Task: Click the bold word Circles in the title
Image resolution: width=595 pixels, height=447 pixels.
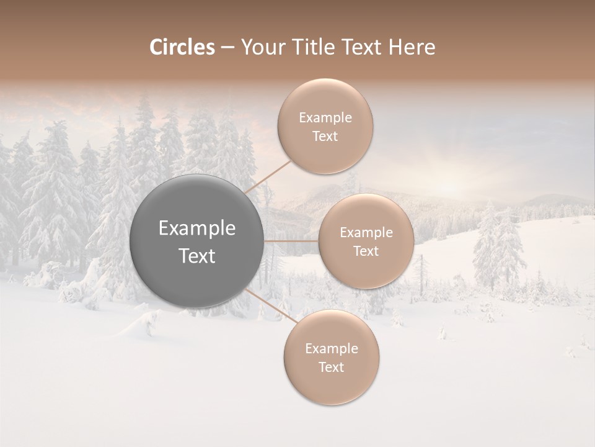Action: pyautogui.click(x=182, y=47)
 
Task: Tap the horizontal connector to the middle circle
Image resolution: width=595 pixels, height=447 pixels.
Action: pyautogui.click(x=291, y=241)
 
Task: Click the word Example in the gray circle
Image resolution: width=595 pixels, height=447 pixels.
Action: pyautogui.click(x=197, y=228)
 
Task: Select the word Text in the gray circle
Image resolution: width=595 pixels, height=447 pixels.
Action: pyautogui.click(x=197, y=256)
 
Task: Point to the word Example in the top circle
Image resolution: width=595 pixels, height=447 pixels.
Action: pyautogui.click(x=325, y=118)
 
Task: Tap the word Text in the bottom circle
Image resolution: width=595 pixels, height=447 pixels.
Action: pyautogui.click(x=332, y=368)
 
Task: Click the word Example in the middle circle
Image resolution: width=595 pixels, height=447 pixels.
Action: pyautogui.click(x=366, y=233)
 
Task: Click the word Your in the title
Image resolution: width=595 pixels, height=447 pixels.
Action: pyautogui.click(x=261, y=47)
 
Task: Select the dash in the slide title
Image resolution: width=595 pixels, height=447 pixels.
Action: pyautogui.click(x=227, y=47)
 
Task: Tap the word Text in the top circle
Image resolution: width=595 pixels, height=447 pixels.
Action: pyautogui.click(x=325, y=137)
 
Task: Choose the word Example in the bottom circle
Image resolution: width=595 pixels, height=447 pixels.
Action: pyautogui.click(x=332, y=349)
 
